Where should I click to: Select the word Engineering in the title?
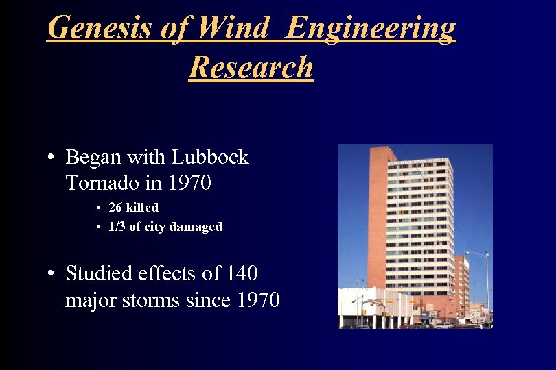click(371, 28)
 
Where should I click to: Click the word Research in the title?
click(251, 67)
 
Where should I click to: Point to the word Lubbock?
click(210, 157)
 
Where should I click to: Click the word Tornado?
click(100, 183)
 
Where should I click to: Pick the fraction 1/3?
click(117, 226)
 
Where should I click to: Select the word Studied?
click(98, 273)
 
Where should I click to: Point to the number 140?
click(241, 273)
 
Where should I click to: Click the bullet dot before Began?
click(51, 158)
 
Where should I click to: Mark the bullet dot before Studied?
click(51, 275)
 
